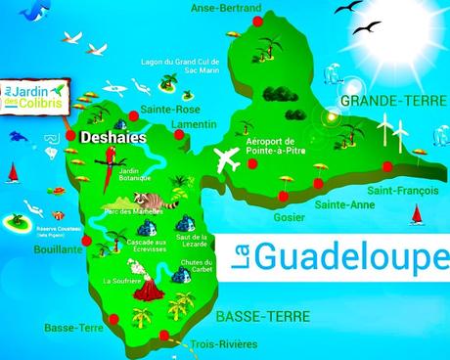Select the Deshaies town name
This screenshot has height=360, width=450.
(113, 139)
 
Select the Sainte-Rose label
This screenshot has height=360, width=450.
(164, 110)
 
